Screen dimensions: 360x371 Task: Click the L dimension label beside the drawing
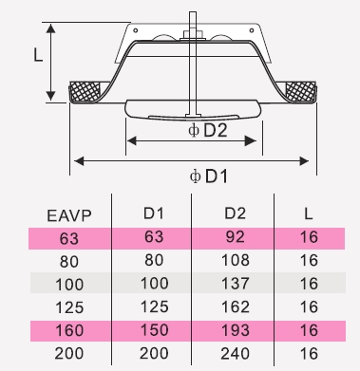coord(38,55)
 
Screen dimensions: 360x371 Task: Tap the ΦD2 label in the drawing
coord(208,130)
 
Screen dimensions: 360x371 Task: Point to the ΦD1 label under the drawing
coord(209,176)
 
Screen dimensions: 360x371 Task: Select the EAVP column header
coord(69,215)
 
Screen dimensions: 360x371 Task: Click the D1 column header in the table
coord(154,213)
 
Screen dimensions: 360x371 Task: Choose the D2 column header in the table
coord(235,213)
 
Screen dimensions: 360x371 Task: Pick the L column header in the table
coord(309,214)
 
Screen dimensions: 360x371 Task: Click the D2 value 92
coord(235,237)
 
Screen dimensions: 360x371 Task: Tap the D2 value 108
coord(236,260)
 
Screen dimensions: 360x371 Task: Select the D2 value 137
coord(236,284)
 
